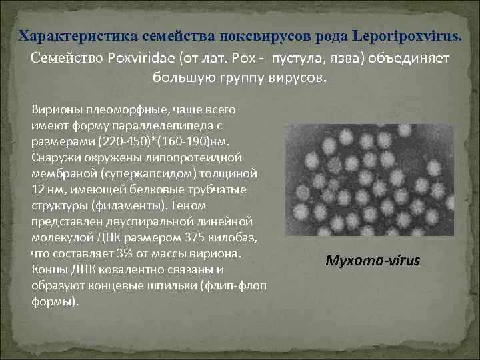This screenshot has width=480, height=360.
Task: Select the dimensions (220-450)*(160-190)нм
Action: (159, 141)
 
